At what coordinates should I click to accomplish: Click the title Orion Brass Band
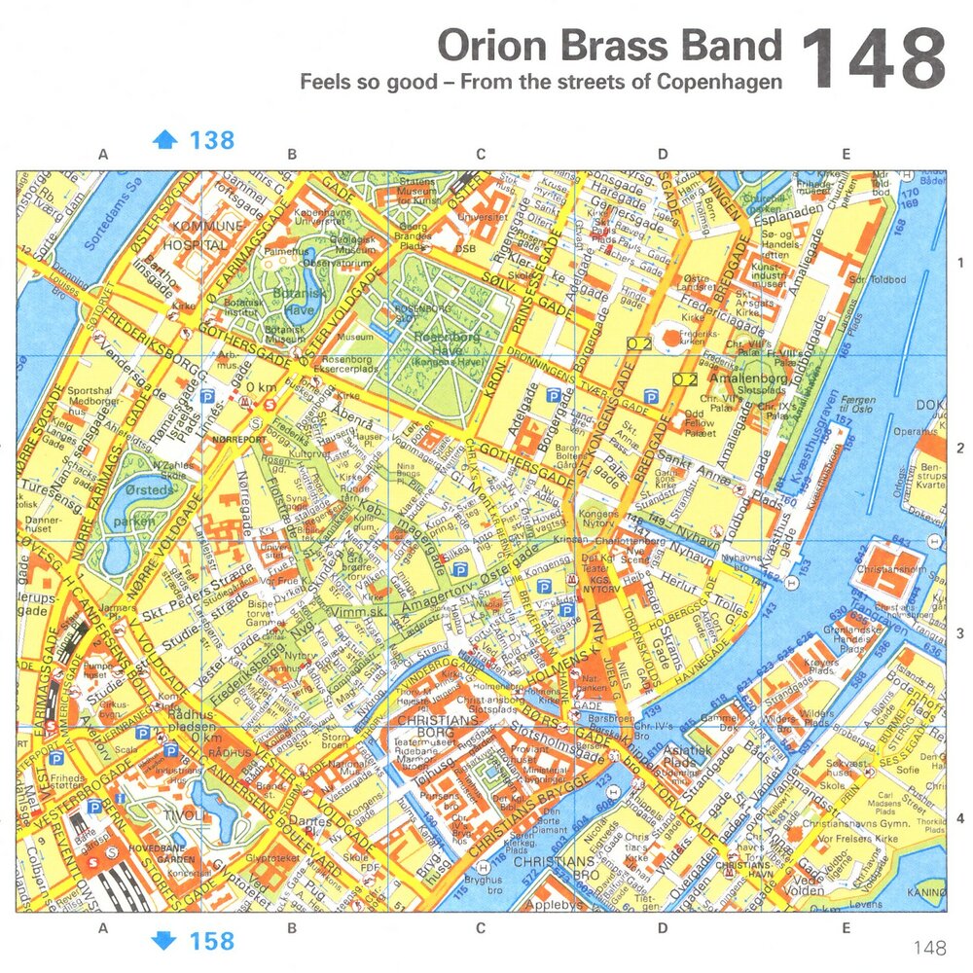[609, 46]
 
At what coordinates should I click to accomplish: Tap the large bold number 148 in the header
[873, 58]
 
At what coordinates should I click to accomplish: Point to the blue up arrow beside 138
[165, 140]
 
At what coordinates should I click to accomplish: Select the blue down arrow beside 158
[165, 940]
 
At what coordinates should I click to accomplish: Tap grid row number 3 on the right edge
[959, 633]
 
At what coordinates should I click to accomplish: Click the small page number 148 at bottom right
[929, 947]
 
